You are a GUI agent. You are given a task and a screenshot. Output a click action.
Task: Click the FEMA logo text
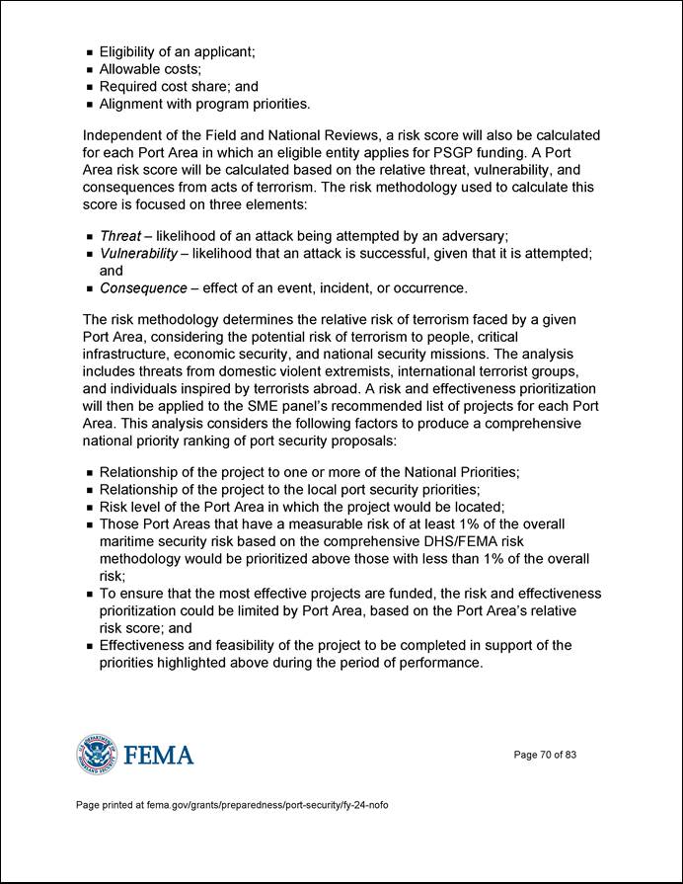159,756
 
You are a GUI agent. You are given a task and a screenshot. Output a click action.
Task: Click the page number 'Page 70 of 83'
545,756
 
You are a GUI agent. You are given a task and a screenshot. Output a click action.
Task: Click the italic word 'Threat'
120,236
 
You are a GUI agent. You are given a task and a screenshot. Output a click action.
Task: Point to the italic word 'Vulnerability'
138,254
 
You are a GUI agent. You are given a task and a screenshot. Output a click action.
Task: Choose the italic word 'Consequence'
143,288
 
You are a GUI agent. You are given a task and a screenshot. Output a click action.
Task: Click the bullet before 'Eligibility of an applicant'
90,50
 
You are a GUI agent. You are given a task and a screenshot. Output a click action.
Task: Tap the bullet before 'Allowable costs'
90,68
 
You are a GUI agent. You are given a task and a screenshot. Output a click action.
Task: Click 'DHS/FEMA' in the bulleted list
447,542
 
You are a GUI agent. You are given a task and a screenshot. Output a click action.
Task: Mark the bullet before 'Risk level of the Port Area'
90,508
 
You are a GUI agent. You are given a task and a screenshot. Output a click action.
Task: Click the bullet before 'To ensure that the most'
90,594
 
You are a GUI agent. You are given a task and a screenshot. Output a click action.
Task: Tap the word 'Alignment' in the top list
136,103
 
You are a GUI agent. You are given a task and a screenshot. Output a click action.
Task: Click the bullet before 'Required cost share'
90,86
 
